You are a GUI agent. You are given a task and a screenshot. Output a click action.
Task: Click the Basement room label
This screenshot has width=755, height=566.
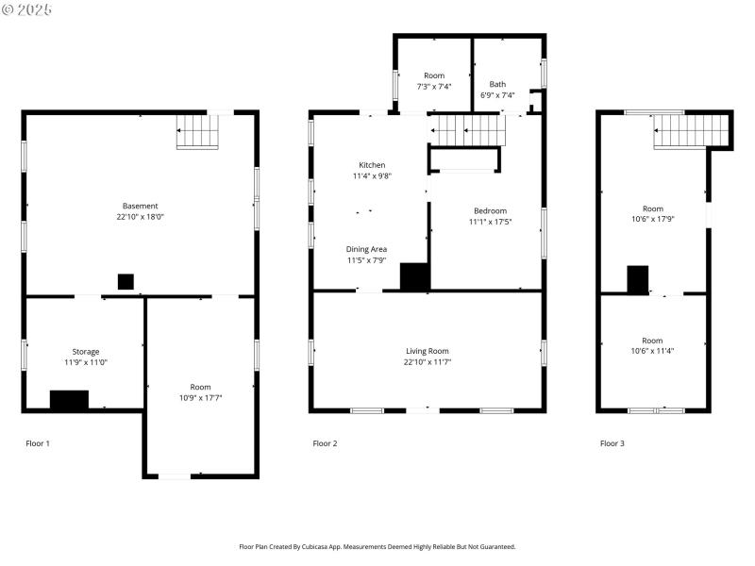[140, 206]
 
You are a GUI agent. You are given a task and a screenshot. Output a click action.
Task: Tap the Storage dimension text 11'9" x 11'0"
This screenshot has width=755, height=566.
[86, 362]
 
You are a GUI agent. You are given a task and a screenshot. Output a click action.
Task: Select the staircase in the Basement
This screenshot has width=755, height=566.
[198, 132]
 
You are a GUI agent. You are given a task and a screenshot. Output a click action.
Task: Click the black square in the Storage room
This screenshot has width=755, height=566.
[69, 400]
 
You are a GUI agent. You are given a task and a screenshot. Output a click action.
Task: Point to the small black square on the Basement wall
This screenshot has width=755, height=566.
[126, 281]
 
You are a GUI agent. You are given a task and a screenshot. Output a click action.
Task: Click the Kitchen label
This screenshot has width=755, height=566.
[372, 165]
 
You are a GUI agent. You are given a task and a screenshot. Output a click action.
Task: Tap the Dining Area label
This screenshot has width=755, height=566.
[366, 249]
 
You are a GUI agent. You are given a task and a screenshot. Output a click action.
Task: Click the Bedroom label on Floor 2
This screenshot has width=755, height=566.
[490, 210]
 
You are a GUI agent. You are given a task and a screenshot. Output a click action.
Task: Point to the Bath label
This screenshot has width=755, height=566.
[496, 84]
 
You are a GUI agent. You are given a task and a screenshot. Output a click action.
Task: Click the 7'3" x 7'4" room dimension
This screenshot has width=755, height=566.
[433, 86]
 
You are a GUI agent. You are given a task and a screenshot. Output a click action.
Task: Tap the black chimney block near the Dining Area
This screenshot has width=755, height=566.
[414, 276]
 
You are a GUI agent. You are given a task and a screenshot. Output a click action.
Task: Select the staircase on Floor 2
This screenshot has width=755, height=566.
[467, 129]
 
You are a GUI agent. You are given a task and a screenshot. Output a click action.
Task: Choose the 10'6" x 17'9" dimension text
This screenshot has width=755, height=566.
[652, 219]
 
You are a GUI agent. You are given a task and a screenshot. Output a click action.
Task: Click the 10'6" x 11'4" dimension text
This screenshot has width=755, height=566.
[652, 351]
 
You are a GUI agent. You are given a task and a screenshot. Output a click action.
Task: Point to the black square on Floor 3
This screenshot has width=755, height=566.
[638, 280]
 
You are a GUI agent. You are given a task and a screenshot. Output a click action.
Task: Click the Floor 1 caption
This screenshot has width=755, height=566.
[38, 443]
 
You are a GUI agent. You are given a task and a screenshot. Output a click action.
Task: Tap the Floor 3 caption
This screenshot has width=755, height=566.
[612, 443]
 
